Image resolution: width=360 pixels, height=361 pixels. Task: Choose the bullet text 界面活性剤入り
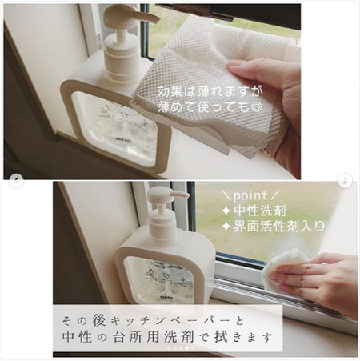point(279,228)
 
